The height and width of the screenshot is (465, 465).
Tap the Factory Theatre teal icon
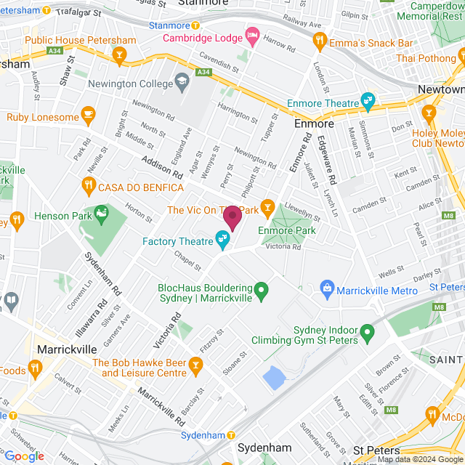pyautogui.click(x=222, y=238)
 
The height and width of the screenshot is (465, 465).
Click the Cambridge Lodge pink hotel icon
pyautogui.click(x=252, y=35)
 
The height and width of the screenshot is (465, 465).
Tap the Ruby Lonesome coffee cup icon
pyautogui.click(x=89, y=114)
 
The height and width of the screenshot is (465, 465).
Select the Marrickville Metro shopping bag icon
pyautogui.click(x=327, y=289)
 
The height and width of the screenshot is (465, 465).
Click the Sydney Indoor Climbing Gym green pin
pyautogui.click(x=368, y=333)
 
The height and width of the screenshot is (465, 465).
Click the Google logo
pyautogui.click(x=24, y=456)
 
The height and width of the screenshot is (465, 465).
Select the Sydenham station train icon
pyautogui.click(x=187, y=435)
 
